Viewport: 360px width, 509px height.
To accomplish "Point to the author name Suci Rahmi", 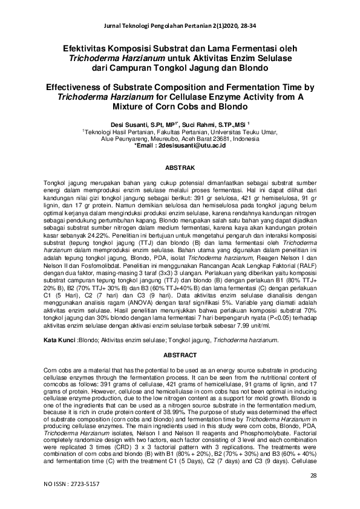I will click(198, 122).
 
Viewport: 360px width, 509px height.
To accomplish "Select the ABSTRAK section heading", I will click(180, 166).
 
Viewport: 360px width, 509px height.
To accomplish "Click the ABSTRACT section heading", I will click(180, 355).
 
